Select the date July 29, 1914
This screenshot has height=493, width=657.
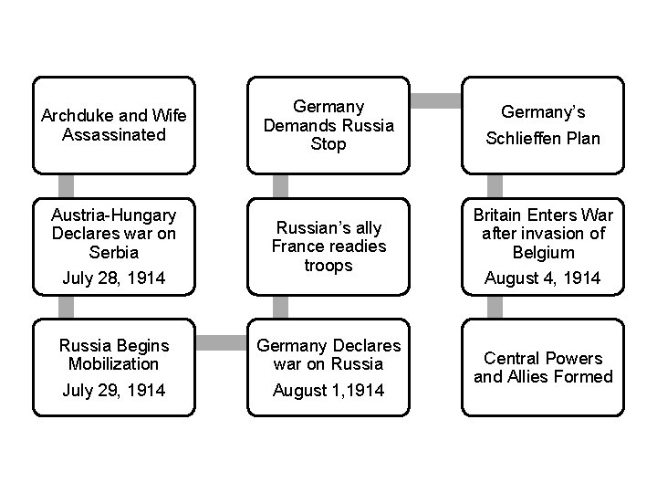click(x=113, y=390)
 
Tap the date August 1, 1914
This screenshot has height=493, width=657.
click(x=329, y=390)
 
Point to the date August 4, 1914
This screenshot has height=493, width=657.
click(x=542, y=278)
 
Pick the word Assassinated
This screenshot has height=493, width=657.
click(x=113, y=135)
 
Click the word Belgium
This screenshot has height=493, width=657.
click(x=542, y=253)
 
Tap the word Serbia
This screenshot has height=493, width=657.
click(x=113, y=253)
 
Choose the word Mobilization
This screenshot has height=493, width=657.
click(x=113, y=363)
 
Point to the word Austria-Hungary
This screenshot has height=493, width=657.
click(x=113, y=216)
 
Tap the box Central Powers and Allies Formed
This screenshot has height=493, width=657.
click(x=542, y=368)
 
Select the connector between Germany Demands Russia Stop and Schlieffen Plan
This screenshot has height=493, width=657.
click(x=434, y=97)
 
